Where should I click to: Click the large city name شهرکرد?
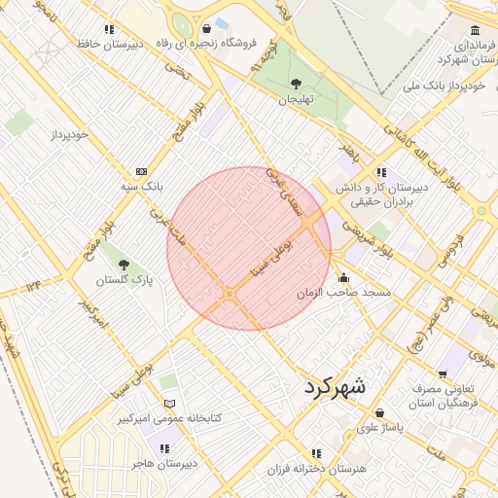click(336, 385)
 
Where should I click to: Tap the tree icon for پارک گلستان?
click(123, 264)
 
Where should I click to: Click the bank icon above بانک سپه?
click(142, 170)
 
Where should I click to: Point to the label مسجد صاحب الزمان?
click(343, 292)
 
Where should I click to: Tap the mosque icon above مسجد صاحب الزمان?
click(343, 277)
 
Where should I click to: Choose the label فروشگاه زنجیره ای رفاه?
click(208, 43)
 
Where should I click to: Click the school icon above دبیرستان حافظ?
click(109, 30)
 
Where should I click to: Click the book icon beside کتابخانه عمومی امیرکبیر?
click(170, 404)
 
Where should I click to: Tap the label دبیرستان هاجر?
click(164, 463)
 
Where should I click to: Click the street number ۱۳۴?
click(34, 285)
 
